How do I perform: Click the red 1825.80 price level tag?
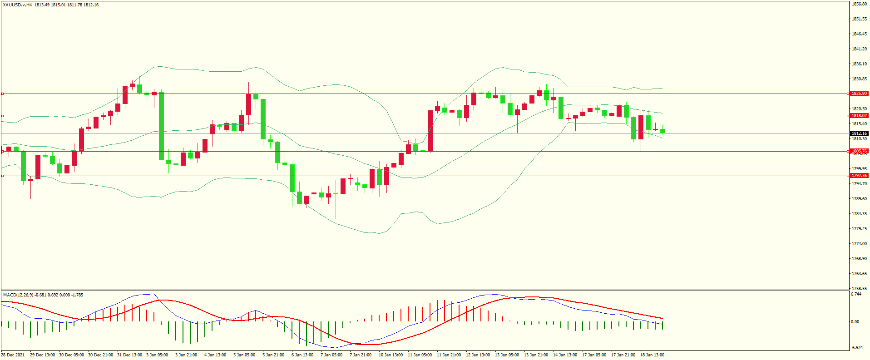[x=859, y=94]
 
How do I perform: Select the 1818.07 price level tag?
[x=859, y=116]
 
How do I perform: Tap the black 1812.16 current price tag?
[x=859, y=133]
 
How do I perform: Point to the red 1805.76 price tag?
[x=859, y=151]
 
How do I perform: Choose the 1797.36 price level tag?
[x=859, y=176]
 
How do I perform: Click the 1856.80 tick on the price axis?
[x=859, y=4]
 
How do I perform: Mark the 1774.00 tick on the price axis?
[x=859, y=244]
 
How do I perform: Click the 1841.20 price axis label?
[x=859, y=49]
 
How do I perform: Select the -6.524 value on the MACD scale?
[x=857, y=348]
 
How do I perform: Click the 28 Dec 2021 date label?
[x=13, y=355]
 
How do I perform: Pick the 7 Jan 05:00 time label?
[x=331, y=355]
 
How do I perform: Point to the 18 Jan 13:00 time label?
[x=652, y=355]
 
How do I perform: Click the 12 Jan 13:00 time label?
[x=478, y=355]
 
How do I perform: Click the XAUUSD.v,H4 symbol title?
[x=17, y=5]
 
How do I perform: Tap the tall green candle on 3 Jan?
[x=161, y=126]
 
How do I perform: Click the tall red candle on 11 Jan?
[x=430, y=131]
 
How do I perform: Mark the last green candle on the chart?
[x=663, y=131]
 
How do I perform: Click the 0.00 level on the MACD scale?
[x=855, y=322]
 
